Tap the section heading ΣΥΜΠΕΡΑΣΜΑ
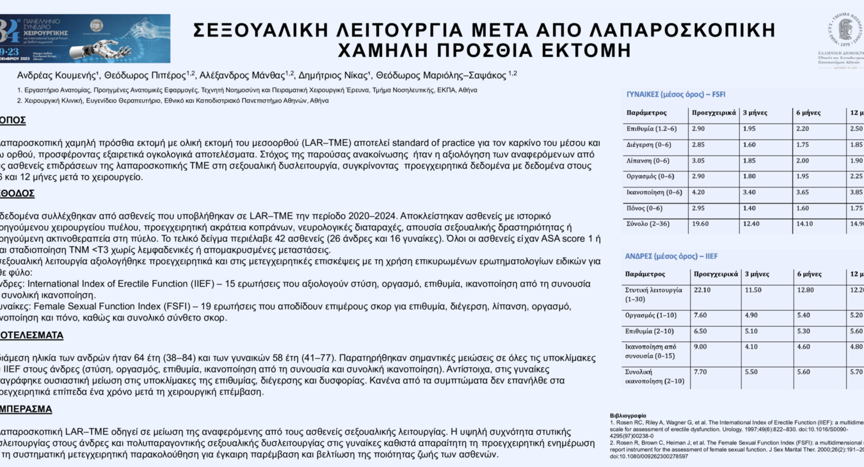click(x=26, y=409)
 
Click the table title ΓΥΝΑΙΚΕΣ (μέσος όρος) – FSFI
click(x=676, y=94)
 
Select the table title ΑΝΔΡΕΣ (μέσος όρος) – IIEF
click(x=671, y=256)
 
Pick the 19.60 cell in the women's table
click(x=701, y=223)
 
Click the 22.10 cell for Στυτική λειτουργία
click(x=703, y=290)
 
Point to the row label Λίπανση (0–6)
click(x=648, y=161)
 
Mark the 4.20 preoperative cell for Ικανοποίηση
click(x=699, y=192)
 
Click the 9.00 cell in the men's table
click(x=701, y=347)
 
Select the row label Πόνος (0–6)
click(x=646, y=208)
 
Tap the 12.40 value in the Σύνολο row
click(x=751, y=223)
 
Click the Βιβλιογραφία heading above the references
click(x=628, y=415)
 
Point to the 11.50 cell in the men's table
click(x=753, y=290)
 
